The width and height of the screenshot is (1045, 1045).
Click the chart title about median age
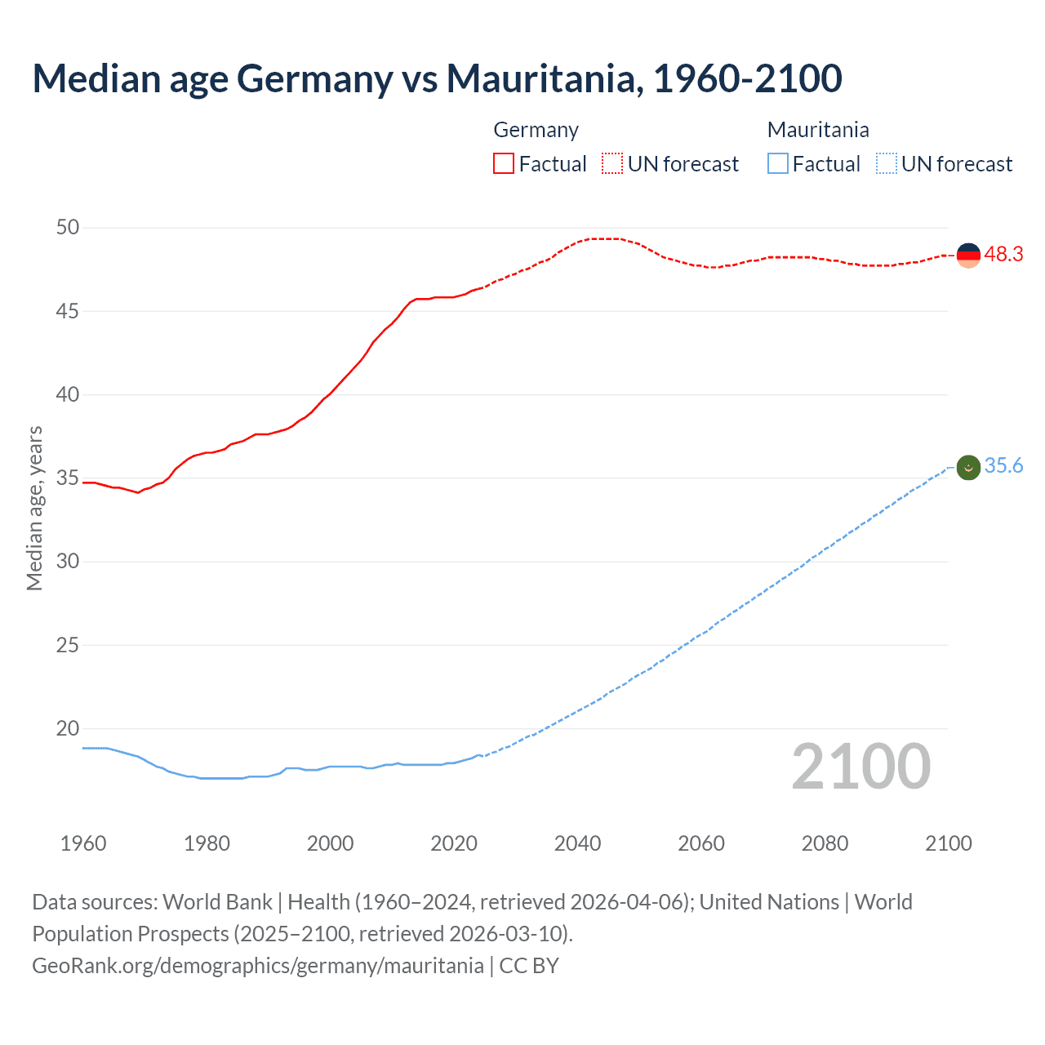coord(437,79)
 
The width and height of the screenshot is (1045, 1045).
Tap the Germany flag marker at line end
coord(967,255)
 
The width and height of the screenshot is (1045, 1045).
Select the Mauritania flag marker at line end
coord(967,468)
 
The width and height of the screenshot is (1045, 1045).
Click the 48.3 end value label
coord(1003,255)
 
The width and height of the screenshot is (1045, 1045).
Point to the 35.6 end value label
coord(1003,466)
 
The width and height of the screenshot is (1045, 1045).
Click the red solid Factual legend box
coord(504,164)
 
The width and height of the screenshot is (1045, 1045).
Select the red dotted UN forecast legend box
coord(612,164)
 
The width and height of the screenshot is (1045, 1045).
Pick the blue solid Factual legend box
coord(778,164)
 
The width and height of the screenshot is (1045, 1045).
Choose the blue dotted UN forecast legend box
coord(886,164)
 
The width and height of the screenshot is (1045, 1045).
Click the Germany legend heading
coord(536,131)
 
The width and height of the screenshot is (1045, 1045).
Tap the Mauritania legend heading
coord(818,131)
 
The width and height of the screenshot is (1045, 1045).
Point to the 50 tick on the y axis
coord(68,228)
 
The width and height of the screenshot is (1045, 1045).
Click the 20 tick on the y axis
coord(68,728)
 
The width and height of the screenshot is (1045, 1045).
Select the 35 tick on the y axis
coord(68,478)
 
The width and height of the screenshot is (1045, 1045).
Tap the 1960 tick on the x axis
coord(83,843)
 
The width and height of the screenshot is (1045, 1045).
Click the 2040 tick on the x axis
coord(577,843)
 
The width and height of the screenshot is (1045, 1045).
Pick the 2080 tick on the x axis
coord(825,843)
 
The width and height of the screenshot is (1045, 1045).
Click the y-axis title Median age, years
coord(34,508)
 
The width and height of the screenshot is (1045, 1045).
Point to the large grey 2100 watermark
coord(860,767)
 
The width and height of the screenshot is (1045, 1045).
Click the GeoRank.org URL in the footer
coord(257,966)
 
